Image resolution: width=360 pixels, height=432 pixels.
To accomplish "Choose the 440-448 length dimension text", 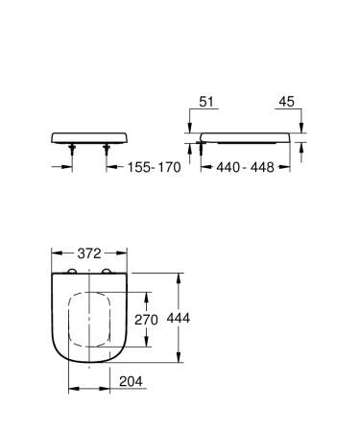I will coord(245,165).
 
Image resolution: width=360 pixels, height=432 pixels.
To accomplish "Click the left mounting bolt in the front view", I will coord(72,146).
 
